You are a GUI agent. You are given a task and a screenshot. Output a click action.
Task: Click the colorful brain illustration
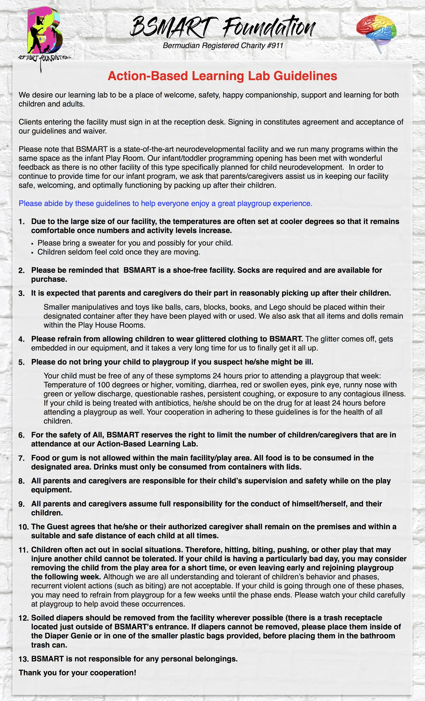376,31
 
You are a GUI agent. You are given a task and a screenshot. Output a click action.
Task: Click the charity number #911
275,45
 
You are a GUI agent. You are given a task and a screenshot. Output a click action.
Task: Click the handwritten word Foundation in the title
269,27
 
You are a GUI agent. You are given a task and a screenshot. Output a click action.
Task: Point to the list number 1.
22,222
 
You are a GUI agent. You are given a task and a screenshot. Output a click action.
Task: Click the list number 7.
22,458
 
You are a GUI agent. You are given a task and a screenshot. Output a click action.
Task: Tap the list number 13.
24,659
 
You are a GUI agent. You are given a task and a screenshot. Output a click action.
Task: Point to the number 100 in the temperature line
104,385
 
